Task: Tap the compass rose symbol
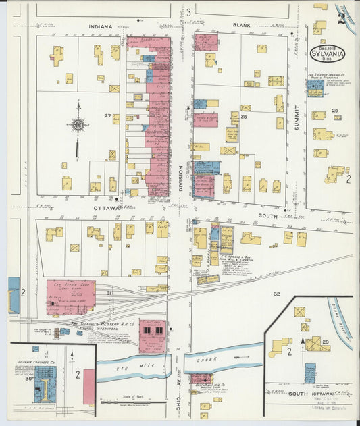pyautogui.click(x=78, y=124)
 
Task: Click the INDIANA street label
pyautogui.click(x=99, y=26)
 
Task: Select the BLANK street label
pyautogui.click(x=241, y=25)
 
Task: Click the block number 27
pyautogui.click(x=107, y=115)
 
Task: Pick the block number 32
pyautogui.click(x=276, y=294)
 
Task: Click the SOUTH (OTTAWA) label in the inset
pyautogui.click(x=305, y=392)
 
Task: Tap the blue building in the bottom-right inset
pyautogui.click(x=310, y=373)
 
